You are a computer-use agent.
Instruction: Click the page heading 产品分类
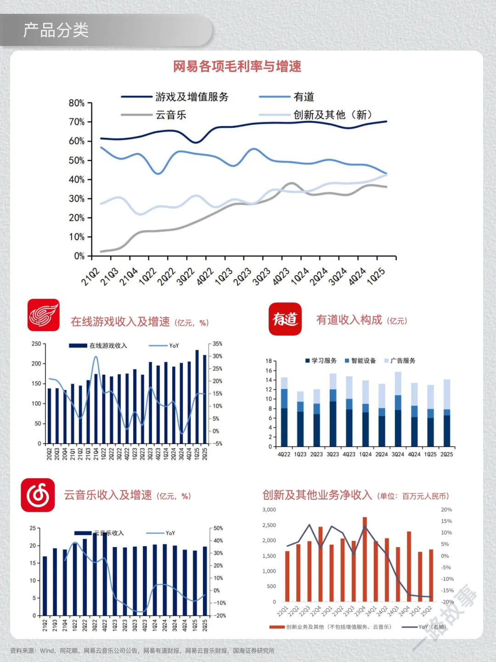pos(56,30)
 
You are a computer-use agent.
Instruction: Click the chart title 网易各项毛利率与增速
pos(237,67)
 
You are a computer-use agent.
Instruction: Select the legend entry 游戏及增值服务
pos(192,97)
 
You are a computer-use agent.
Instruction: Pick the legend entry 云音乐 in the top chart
pos(171,115)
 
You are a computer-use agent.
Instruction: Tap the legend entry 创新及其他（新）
pos(333,115)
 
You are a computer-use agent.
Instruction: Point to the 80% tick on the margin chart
pos(77,103)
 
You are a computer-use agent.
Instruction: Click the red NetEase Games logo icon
pos(44,315)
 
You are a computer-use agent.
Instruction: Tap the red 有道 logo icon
pos(285,319)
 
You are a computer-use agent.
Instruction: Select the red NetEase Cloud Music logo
pos(38,495)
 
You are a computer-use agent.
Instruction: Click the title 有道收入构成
pos(349,320)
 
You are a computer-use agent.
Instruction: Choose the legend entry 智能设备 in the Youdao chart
pos(363,361)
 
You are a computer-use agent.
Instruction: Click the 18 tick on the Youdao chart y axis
pos(269,361)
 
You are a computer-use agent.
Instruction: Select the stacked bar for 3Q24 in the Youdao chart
pos(398,409)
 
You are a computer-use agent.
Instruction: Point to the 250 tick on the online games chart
pos(36,344)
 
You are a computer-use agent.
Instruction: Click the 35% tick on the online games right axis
pos(217,344)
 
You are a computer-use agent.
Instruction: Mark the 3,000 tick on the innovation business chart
pos(269,510)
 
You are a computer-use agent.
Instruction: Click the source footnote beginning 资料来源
pos(142,651)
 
